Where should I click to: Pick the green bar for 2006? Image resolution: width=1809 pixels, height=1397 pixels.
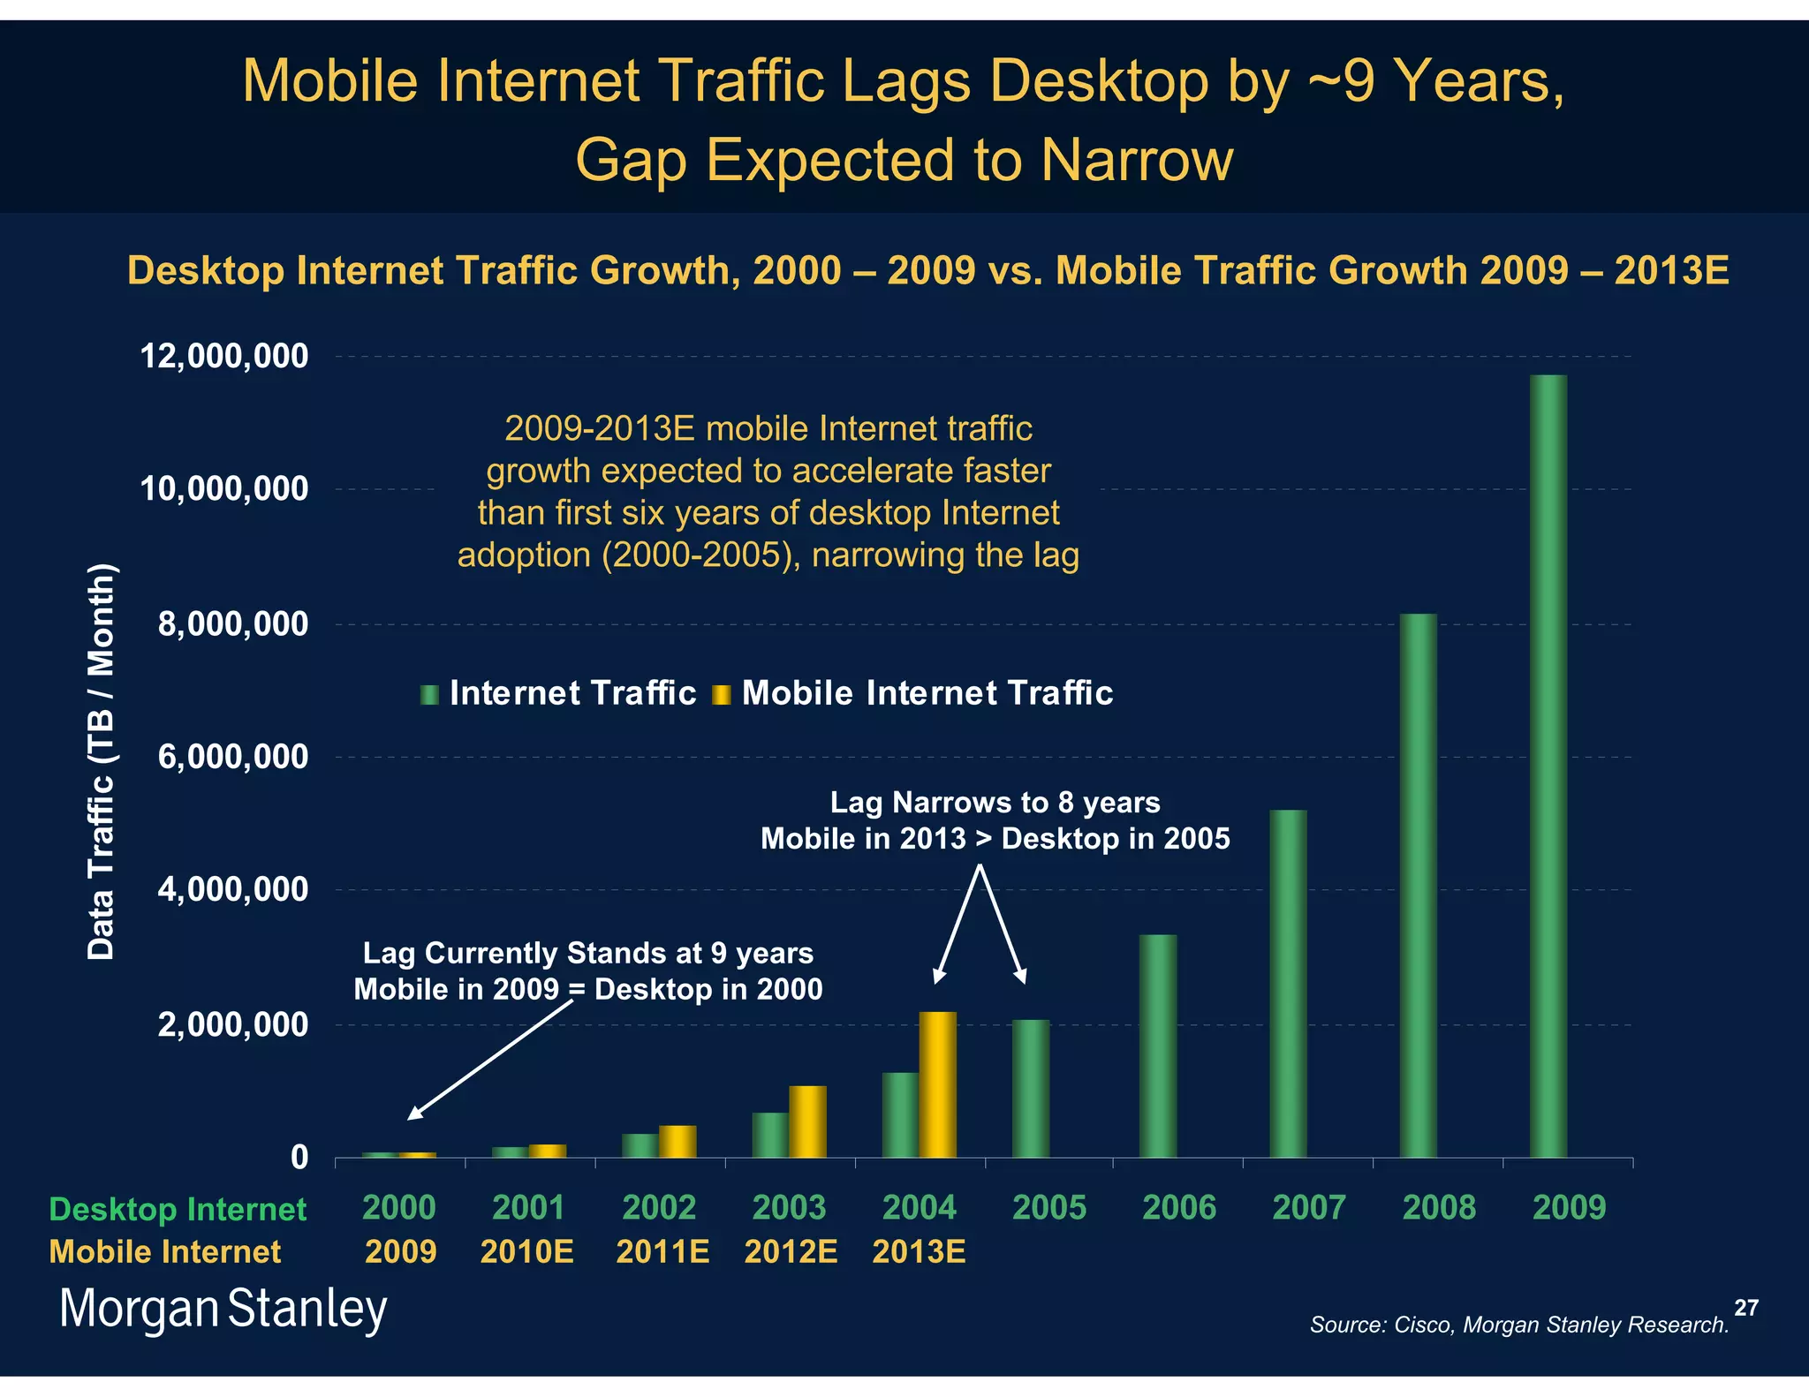(1157, 1046)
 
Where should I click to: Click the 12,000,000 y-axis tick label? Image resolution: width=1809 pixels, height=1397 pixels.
(224, 357)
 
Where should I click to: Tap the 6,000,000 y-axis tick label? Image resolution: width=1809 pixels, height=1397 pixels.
(233, 757)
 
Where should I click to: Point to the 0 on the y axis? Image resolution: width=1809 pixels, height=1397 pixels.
(300, 1157)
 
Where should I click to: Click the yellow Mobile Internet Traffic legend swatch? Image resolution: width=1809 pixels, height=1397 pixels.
(722, 695)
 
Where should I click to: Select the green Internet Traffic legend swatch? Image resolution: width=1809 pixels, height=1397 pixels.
(429, 695)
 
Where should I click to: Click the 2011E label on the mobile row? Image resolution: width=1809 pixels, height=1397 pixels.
(662, 1251)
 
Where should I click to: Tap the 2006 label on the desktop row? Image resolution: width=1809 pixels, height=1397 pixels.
(1179, 1207)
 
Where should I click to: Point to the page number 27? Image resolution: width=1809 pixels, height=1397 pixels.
(1745, 1308)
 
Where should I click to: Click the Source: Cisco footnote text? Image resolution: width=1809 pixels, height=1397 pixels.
(1518, 1325)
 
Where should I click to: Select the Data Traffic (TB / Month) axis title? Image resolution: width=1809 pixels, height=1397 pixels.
(101, 761)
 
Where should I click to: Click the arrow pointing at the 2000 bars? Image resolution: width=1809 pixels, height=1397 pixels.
(490, 1060)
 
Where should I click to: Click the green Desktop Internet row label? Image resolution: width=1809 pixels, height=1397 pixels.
(178, 1208)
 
